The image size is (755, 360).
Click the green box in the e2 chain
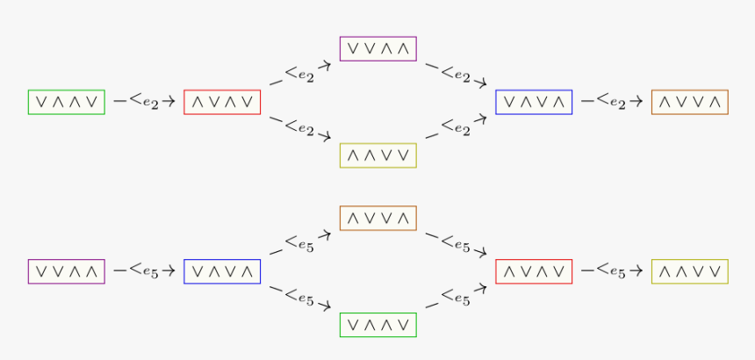click(x=67, y=102)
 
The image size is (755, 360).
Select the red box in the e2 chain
click(x=222, y=102)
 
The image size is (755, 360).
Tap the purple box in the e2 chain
click(x=377, y=48)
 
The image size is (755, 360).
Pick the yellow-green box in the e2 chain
click(x=377, y=155)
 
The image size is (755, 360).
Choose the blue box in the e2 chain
click(x=534, y=102)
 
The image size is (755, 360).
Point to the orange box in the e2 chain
click(x=689, y=102)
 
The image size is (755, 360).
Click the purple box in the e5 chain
click(x=67, y=271)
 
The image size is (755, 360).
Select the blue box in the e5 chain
click(x=222, y=271)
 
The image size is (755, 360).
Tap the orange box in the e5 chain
click(x=377, y=218)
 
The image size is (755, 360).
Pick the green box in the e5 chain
click(x=377, y=325)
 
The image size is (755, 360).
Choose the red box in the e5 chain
click(x=534, y=271)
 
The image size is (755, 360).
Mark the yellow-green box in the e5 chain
click(x=689, y=271)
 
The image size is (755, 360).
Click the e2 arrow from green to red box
click(x=145, y=102)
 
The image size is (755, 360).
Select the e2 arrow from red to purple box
click(x=300, y=74)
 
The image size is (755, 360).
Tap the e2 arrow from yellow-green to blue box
click(x=456, y=127)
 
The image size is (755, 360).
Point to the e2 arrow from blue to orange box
click(x=612, y=102)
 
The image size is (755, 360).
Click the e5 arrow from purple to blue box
click(x=145, y=271)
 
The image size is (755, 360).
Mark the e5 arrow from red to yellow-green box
click(x=612, y=271)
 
